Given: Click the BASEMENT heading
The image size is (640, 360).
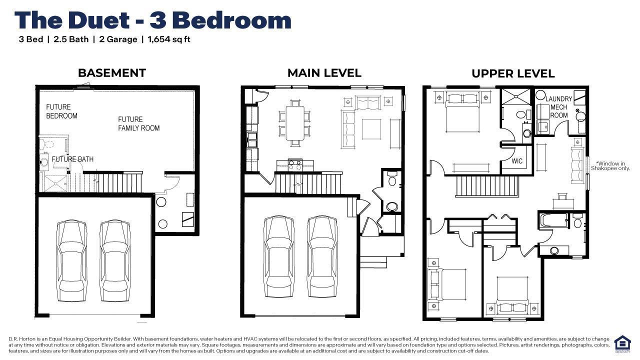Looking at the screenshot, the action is click(x=112, y=73).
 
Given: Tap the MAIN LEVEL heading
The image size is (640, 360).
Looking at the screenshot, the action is click(x=324, y=73).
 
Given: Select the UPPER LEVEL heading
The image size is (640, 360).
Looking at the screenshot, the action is click(x=513, y=73).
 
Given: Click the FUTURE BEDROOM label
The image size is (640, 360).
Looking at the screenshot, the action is click(x=61, y=111).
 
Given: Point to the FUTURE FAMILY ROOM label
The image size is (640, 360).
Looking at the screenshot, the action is click(x=139, y=123).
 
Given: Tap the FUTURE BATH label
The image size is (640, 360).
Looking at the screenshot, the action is click(x=72, y=159).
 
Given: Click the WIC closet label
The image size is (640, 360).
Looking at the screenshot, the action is click(x=517, y=161).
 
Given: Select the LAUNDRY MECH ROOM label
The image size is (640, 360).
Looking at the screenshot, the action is click(x=559, y=107).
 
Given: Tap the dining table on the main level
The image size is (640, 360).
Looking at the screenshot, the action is click(x=295, y=123).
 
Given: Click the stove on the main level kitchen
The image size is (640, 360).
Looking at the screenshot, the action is click(x=295, y=165).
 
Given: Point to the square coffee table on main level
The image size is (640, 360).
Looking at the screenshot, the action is click(x=371, y=129).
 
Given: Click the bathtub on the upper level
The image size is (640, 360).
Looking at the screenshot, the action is click(x=553, y=220).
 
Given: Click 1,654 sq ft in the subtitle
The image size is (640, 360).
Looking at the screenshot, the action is click(x=169, y=39).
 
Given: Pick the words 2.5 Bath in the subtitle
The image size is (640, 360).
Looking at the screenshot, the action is click(x=71, y=39).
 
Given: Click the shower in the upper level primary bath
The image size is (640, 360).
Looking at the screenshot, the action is click(x=516, y=97).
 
